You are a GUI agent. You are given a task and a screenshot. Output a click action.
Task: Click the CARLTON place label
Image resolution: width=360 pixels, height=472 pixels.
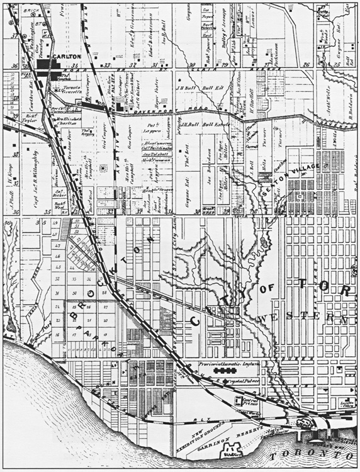point(67,56)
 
